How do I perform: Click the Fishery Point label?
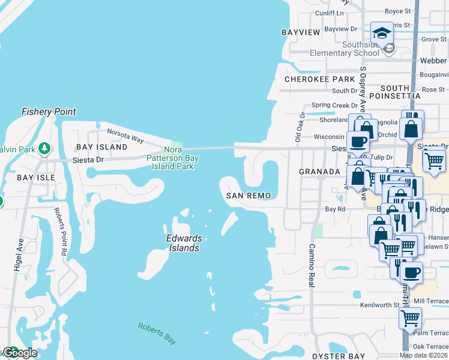point(49,112)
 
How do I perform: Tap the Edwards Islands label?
point(184,242)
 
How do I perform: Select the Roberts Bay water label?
point(157,333)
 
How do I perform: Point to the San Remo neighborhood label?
point(249,196)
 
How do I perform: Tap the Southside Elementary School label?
point(344,49)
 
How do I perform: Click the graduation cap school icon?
point(382,32)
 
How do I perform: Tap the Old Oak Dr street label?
point(300,127)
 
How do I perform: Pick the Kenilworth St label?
point(379,305)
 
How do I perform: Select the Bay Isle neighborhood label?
point(35,178)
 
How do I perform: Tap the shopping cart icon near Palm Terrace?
point(411,318)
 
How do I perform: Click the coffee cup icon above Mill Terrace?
point(411,272)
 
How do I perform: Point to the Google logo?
point(20,353)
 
